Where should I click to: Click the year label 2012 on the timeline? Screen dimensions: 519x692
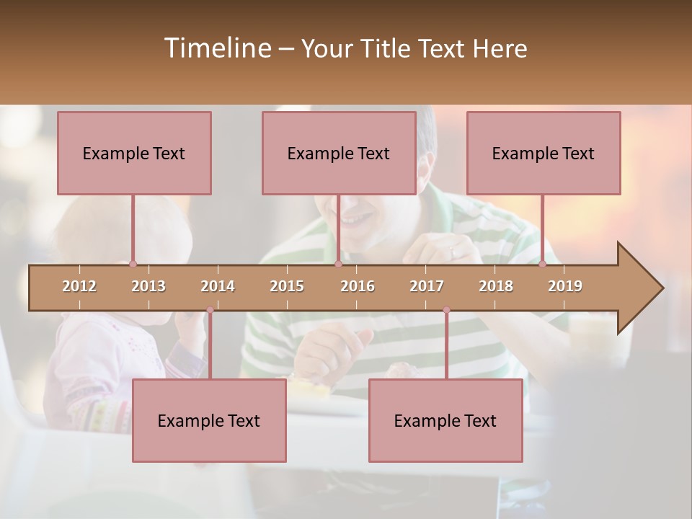point(79,286)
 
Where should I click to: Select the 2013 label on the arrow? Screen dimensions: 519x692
point(148,286)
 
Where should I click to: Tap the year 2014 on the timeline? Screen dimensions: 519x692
point(218,286)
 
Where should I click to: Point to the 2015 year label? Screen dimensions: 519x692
point(287,286)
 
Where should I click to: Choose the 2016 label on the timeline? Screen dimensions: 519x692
point(358,286)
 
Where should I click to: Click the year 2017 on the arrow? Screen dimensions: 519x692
point(427,286)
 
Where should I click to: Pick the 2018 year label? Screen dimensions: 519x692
point(496,286)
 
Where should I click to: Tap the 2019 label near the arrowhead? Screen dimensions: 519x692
point(565,286)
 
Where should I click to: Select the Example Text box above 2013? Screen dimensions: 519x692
point(134,154)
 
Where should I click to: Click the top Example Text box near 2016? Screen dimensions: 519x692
point(339,154)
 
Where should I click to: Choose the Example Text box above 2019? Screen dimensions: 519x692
point(544,154)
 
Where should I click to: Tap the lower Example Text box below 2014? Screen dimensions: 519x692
point(209,421)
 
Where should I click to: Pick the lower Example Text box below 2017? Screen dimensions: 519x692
point(445,421)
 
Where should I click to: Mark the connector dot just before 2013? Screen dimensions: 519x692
point(133,264)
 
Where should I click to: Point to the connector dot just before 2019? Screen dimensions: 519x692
point(543,264)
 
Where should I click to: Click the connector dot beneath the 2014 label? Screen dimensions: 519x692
point(210,310)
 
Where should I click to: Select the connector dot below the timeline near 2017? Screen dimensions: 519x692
point(446,310)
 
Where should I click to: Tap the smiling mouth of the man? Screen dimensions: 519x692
point(357,216)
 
